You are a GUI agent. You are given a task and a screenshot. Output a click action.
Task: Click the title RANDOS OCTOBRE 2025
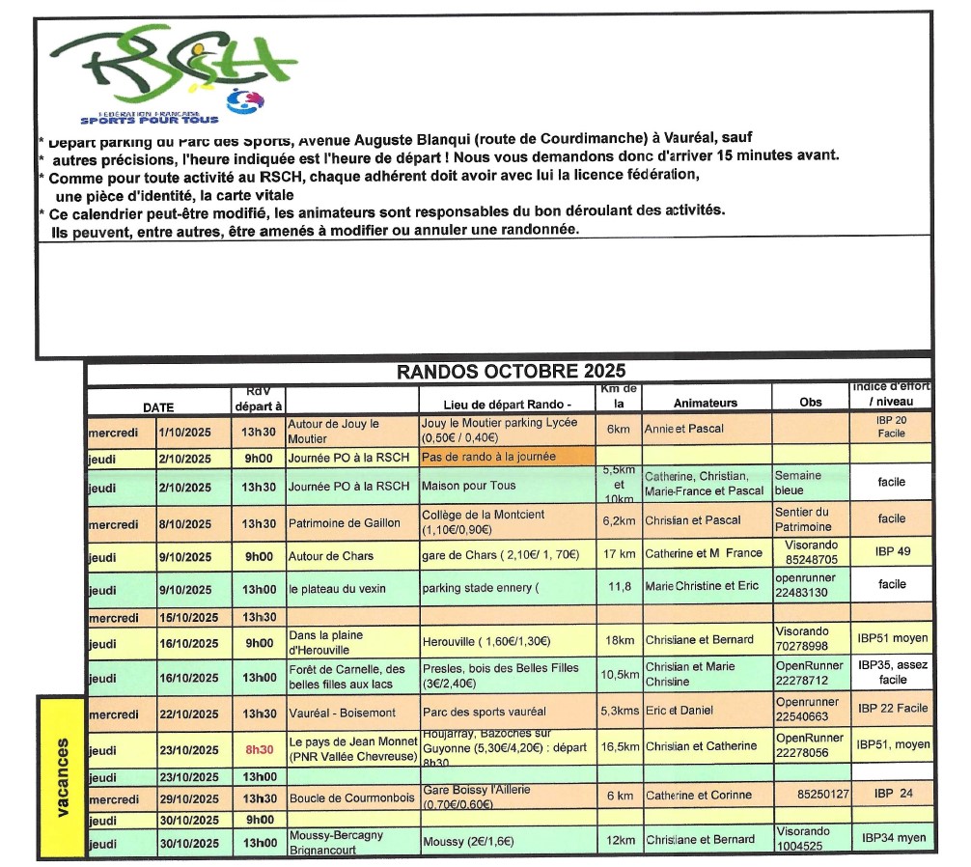tap(511, 372)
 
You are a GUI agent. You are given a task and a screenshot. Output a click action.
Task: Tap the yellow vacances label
tap(63, 777)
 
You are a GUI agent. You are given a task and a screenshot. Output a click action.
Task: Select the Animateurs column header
tap(705, 403)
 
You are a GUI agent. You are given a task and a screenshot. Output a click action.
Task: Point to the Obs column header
tap(811, 403)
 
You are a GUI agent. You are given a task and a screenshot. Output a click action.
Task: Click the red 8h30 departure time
tap(259, 747)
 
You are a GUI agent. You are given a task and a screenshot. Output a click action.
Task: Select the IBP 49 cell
tap(891, 552)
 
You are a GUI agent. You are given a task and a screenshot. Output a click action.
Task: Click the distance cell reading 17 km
tap(618, 554)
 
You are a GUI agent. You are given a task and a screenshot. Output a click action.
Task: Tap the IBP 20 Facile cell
tap(891, 427)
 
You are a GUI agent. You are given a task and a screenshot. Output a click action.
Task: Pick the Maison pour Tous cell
tap(470, 486)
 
